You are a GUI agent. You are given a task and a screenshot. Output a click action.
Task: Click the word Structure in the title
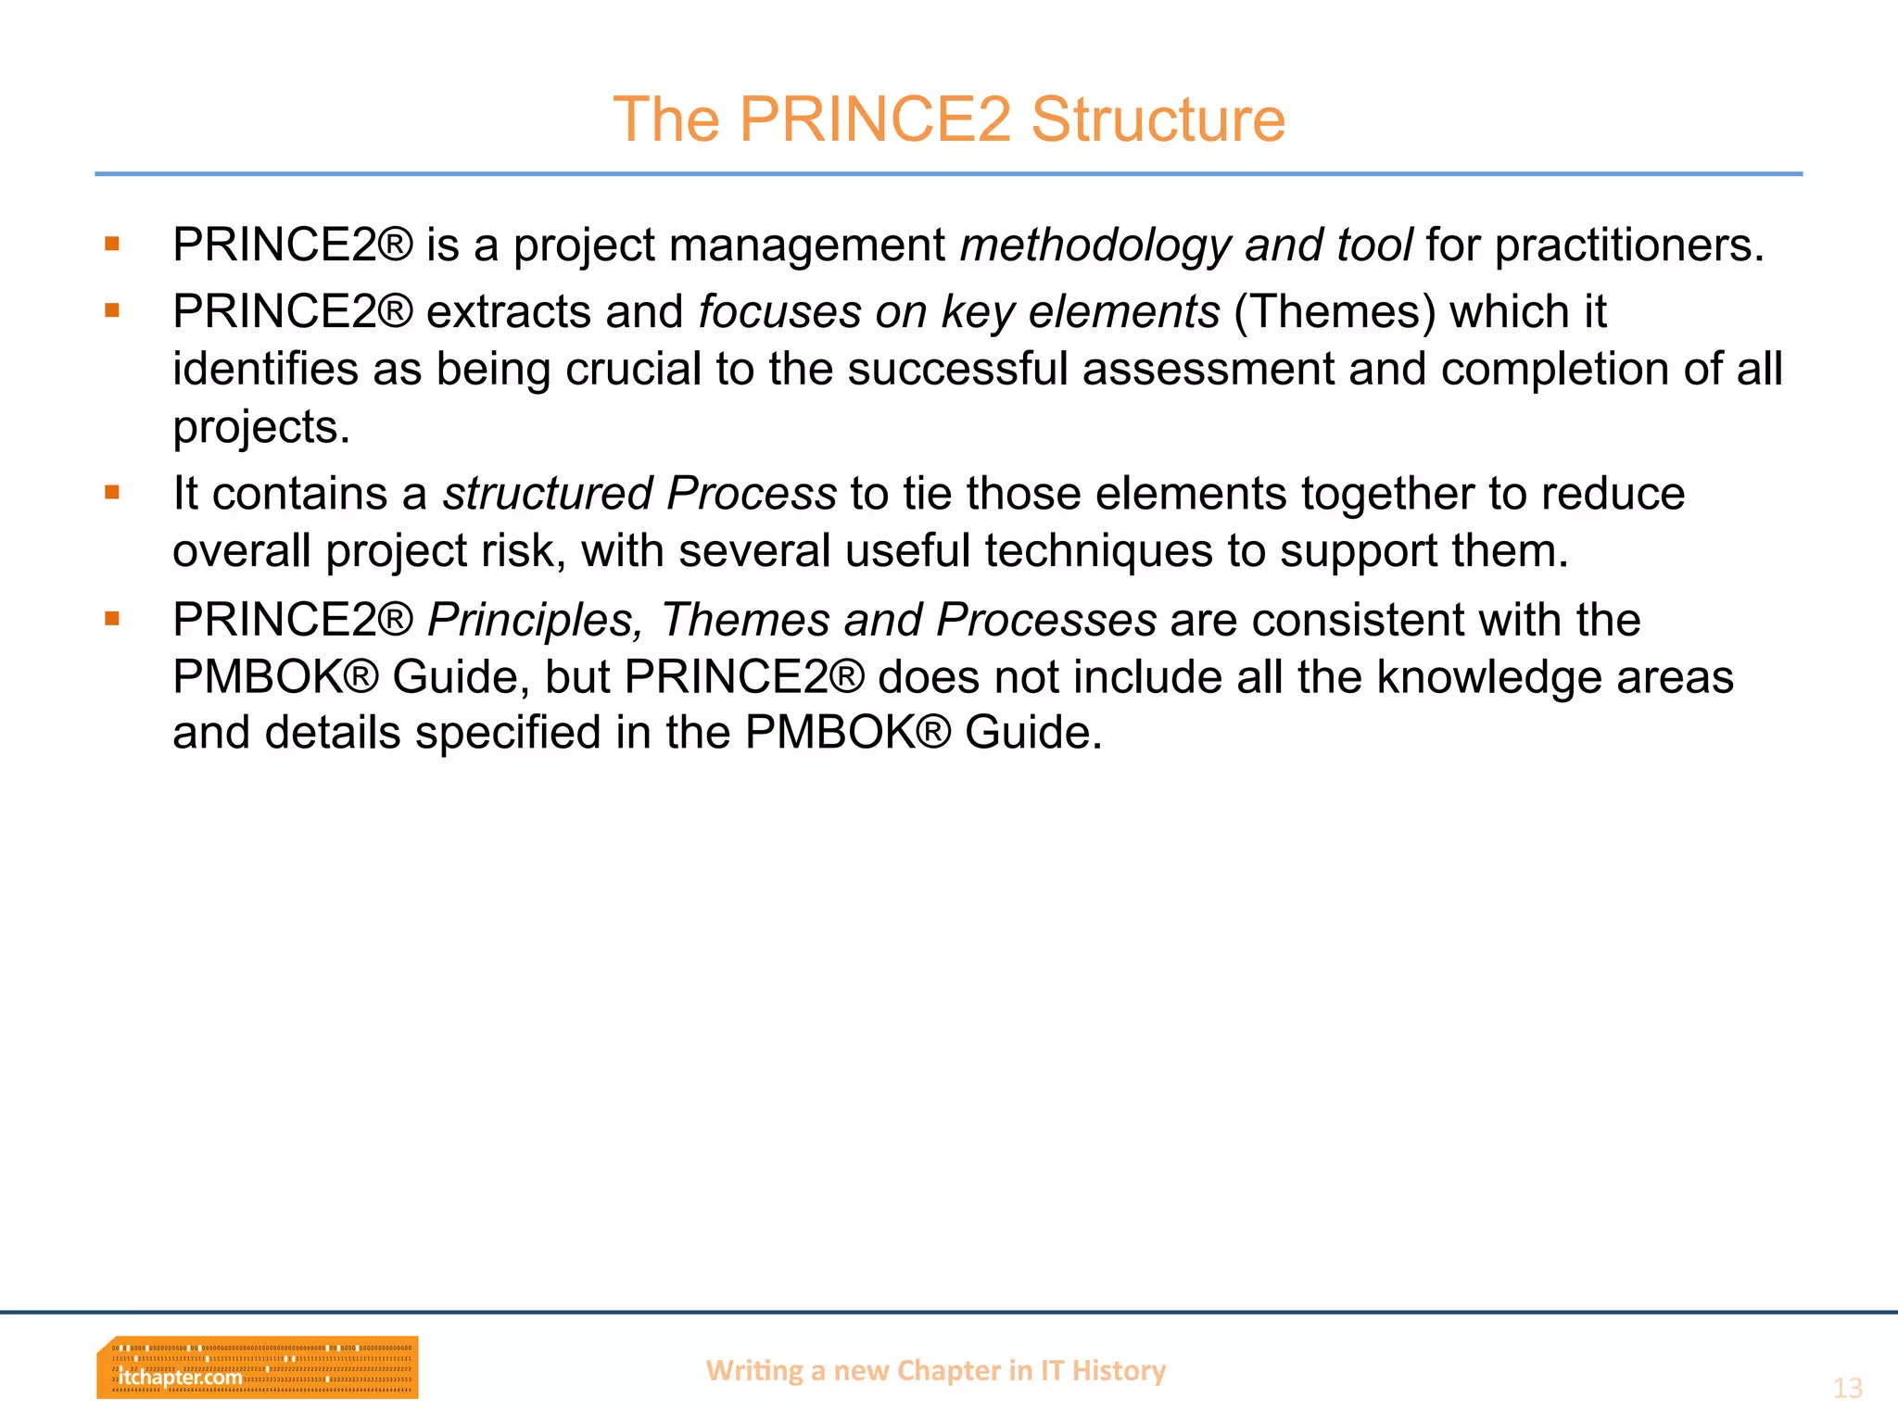click(1158, 120)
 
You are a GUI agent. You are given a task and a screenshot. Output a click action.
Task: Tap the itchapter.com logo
click(257, 1367)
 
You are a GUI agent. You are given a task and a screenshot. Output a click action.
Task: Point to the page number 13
click(1847, 1388)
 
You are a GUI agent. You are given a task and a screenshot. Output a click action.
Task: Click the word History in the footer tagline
click(1119, 1370)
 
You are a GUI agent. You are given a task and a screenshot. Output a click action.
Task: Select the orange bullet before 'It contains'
click(112, 493)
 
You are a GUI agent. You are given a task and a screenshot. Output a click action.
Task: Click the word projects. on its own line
click(261, 427)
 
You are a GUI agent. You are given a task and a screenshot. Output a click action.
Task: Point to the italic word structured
click(547, 493)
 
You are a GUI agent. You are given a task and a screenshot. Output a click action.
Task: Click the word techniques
click(1098, 551)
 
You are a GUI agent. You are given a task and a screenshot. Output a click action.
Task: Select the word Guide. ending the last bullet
click(1033, 733)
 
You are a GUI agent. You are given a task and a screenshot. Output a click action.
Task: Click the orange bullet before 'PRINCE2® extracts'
click(112, 311)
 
